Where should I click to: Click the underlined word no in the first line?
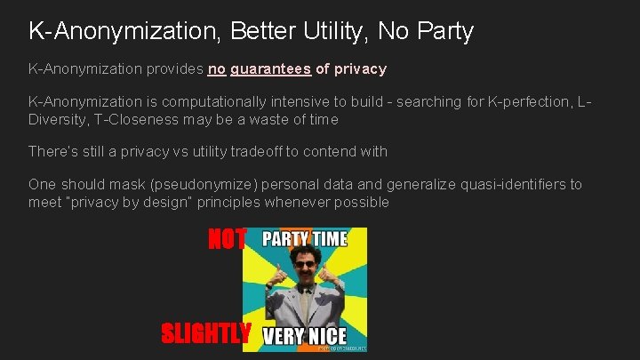(x=217, y=68)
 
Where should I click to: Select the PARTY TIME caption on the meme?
(x=304, y=239)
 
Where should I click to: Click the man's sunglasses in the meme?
(x=306, y=270)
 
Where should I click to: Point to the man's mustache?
(x=306, y=282)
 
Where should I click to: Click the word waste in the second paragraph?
(x=273, y=119)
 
